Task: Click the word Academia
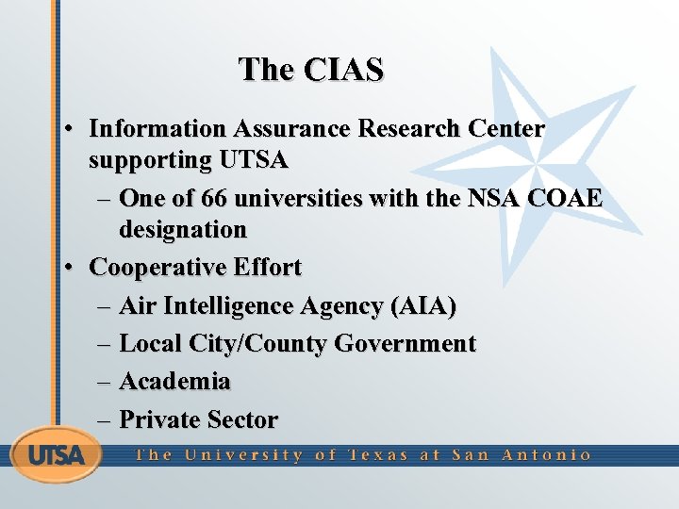coord(174,382)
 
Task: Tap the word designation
coord(182,229)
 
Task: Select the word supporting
coord(150,160)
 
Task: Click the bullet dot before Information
coord(71,129)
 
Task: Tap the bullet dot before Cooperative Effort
coord(71,269)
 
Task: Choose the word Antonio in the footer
coord(546,455)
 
